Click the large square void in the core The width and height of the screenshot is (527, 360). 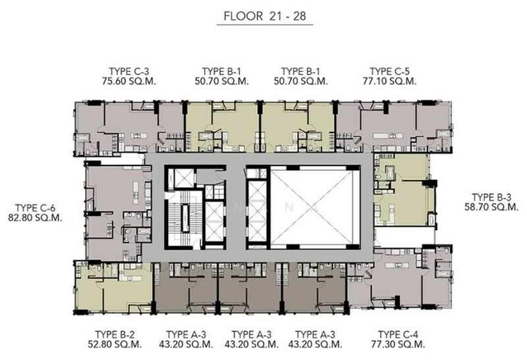pyautogui.click(x=315, y=205)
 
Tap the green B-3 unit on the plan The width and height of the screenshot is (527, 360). pyautogui.click(x=402, y=191)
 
